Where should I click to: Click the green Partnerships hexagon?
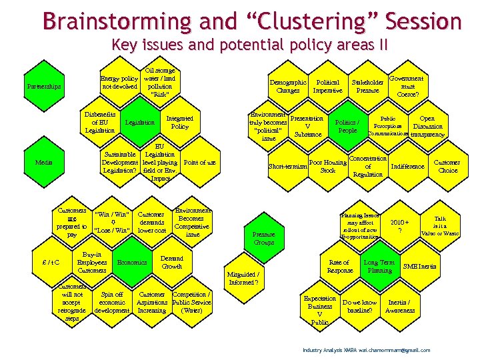tap(43, 87)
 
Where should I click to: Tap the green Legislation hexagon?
tap(140, 123)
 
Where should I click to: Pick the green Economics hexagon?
tap(132, 263)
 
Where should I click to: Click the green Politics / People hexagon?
tap(347, 126)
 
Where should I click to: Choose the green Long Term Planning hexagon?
tap(379, 267)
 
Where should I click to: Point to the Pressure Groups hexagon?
tap(263, 238)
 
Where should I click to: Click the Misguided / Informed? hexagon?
tap(243, 277)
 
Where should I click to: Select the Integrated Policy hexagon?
tap(179, 122)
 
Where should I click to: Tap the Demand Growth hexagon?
tap(172, 262)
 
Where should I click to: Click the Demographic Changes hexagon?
tap(288, 87)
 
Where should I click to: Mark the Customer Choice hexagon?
tap(446, 165)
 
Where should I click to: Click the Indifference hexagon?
tap(407, 166)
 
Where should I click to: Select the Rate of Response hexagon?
tap(340, 267)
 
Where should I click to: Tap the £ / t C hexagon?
tap(51, 262)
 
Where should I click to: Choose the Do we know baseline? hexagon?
tap(360, 307)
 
